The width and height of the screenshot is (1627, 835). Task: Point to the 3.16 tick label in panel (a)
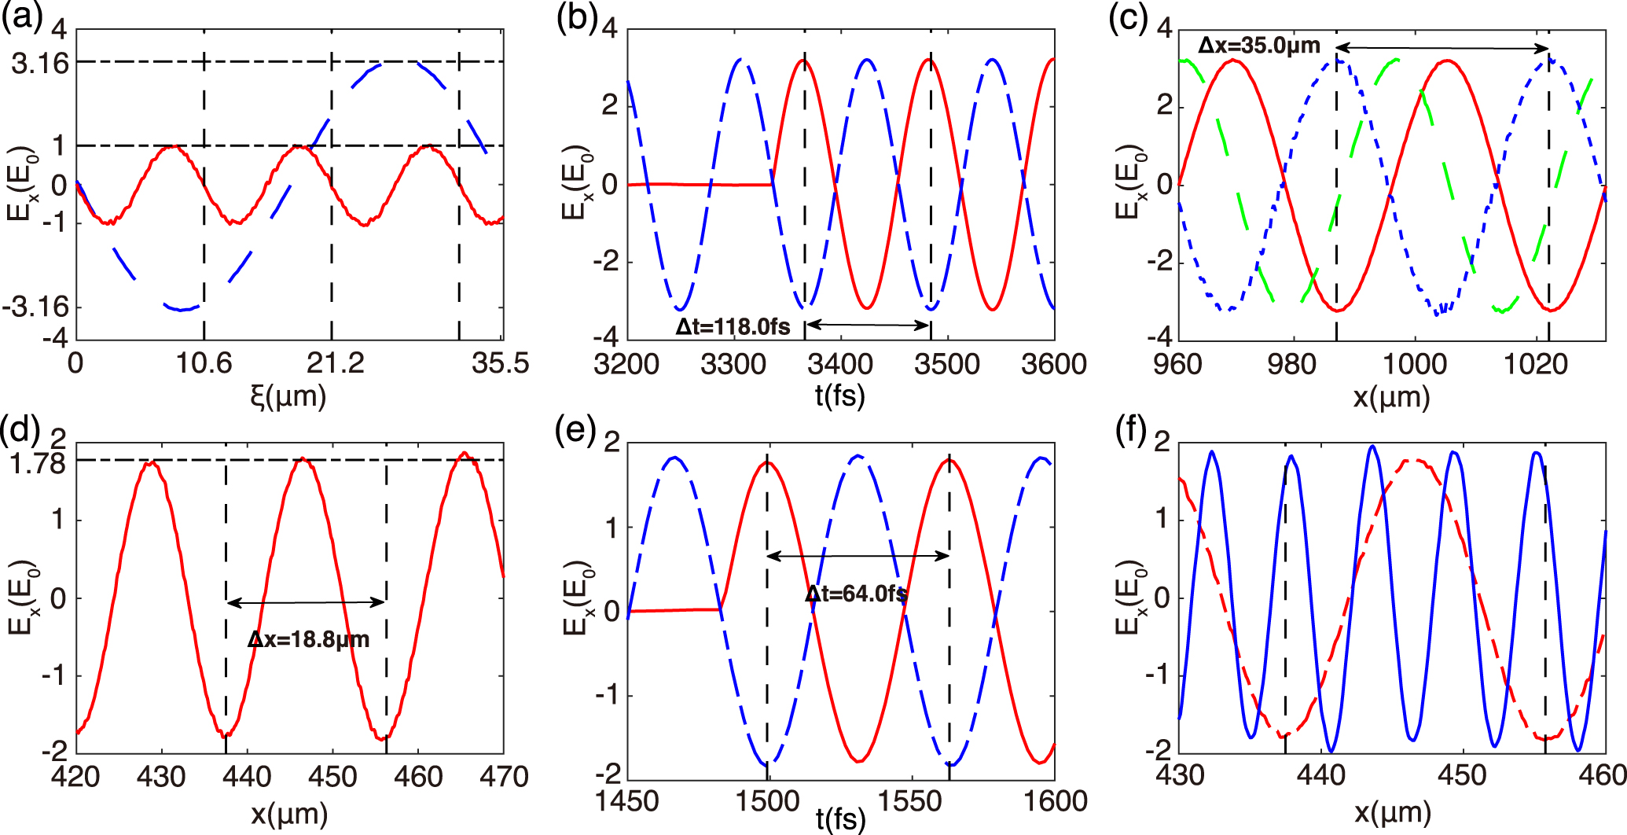40,63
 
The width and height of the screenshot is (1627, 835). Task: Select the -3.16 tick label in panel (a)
36,307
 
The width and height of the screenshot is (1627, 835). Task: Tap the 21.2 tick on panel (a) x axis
336,364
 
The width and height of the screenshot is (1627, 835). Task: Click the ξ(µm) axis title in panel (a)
288,396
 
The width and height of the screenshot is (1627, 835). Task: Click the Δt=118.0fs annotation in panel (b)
733,326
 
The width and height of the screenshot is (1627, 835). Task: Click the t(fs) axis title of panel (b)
839,395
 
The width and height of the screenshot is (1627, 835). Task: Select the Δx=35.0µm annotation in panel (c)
1259,46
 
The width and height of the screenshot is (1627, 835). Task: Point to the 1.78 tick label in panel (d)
38,464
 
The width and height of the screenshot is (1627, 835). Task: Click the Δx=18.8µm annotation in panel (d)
308,639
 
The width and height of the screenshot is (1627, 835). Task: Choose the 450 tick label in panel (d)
332,777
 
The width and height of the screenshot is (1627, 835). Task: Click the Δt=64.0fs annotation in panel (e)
856,594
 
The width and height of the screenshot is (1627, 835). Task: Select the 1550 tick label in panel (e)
909,801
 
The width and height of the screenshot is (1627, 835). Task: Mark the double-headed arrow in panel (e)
858,556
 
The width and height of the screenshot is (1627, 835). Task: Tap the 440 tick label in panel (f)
1321,775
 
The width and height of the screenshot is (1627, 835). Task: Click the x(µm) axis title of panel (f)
1391,812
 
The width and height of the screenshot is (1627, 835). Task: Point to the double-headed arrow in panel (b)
868,324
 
